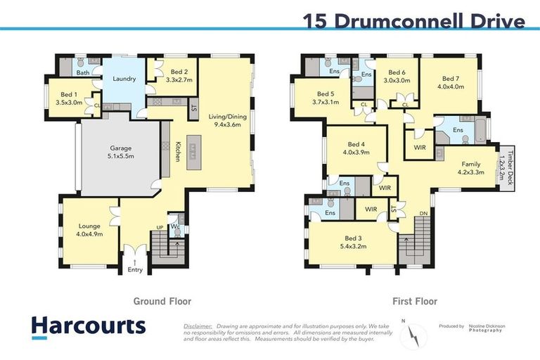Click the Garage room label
tap(120, 153)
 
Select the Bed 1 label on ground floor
tap(70, 98)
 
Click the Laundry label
tap(124, 79)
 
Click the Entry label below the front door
tap(135, 270)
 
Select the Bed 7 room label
tap(450, 83)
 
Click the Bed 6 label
tap(397, 77)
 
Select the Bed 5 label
tap(328, 98)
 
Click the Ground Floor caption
tap(162, 301)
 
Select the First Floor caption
tap(414, 301)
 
